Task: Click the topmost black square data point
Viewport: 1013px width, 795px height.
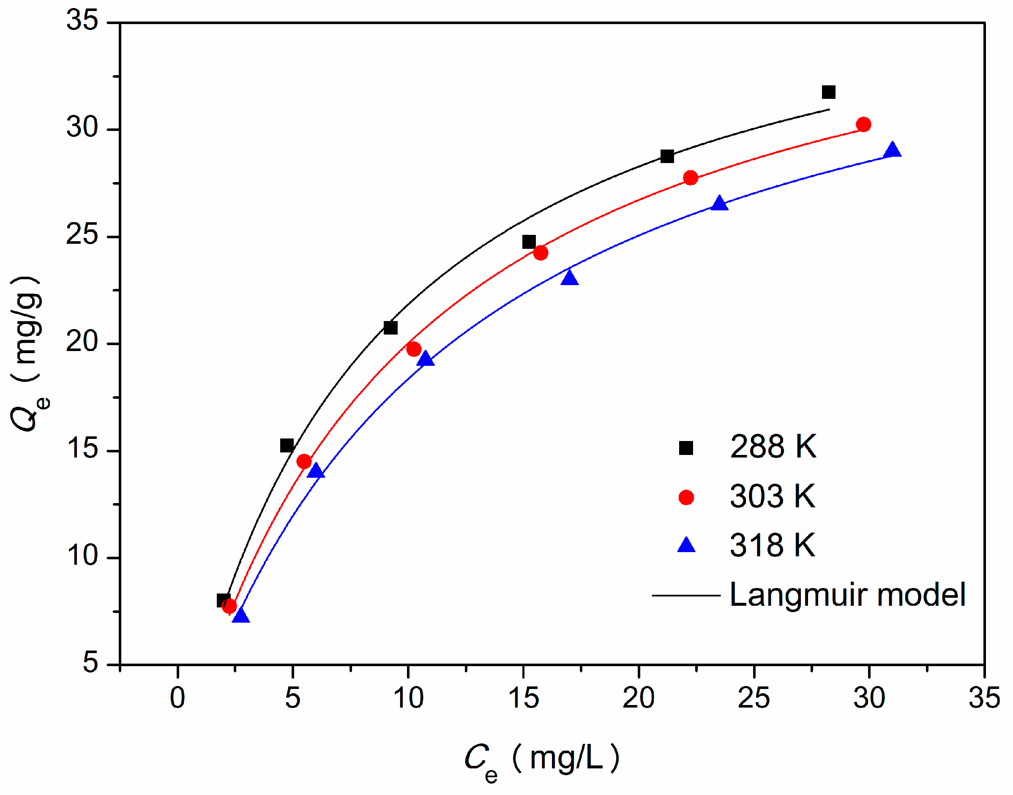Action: (829, 92)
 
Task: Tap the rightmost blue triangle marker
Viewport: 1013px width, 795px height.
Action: (893, 150)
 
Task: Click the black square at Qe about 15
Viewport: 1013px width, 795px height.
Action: (287, 445)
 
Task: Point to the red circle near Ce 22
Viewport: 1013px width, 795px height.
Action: (691, 178)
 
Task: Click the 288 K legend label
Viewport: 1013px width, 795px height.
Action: (773, 447)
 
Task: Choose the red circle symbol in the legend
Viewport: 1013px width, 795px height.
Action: (686, 497)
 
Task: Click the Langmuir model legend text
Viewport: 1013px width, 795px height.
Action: (847, 595)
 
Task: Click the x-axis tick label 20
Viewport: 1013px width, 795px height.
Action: (638, 698)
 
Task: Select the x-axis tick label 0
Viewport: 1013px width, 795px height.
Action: (177, 698)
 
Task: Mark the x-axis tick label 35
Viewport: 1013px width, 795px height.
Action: (984, 698)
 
